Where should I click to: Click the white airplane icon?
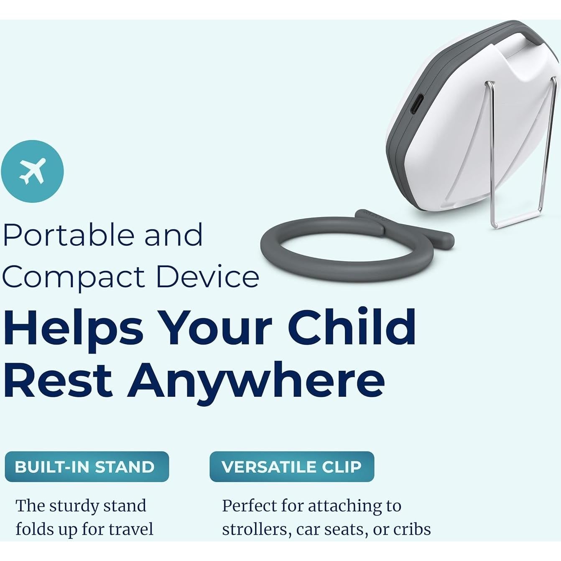pos(32,171)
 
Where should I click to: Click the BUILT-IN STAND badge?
pos(87,467)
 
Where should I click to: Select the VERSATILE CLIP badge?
pos(292,467)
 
